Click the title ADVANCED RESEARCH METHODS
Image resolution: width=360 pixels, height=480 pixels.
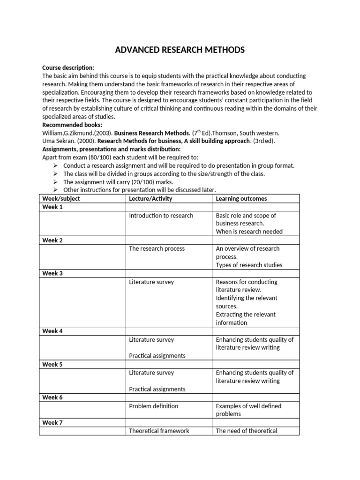(x=180, y=50)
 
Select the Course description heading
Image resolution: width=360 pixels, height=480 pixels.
(x=68, y=67)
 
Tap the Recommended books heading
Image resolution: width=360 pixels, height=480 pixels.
(x=72, y=125)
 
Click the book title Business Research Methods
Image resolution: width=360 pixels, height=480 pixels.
(x=152, y=133)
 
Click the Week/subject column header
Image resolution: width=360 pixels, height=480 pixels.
(x=61, y=199)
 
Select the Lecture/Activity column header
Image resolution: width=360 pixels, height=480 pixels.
(x=150, y=199)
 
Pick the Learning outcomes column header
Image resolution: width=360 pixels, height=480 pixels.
(x=241, y=199)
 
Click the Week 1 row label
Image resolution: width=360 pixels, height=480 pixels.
(x=52, y=207)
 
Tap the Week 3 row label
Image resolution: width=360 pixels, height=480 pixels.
(x=52, y=273)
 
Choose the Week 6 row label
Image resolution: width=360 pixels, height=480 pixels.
(x=52, y=397)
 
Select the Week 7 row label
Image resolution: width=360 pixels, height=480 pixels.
(x=52, y=422)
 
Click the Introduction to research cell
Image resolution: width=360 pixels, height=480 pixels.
(x=161, y=216)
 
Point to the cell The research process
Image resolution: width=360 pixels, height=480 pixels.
(x=157, y=248)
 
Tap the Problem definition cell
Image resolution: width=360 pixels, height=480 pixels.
(x=153, y=406)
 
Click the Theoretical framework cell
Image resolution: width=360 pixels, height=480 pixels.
(x=159, y=431)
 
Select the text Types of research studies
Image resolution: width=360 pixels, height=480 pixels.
(x=249, y=265)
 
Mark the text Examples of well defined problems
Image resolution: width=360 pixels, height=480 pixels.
(x=248, y=410)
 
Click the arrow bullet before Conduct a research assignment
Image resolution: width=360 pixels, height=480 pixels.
(x=55, y=166)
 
